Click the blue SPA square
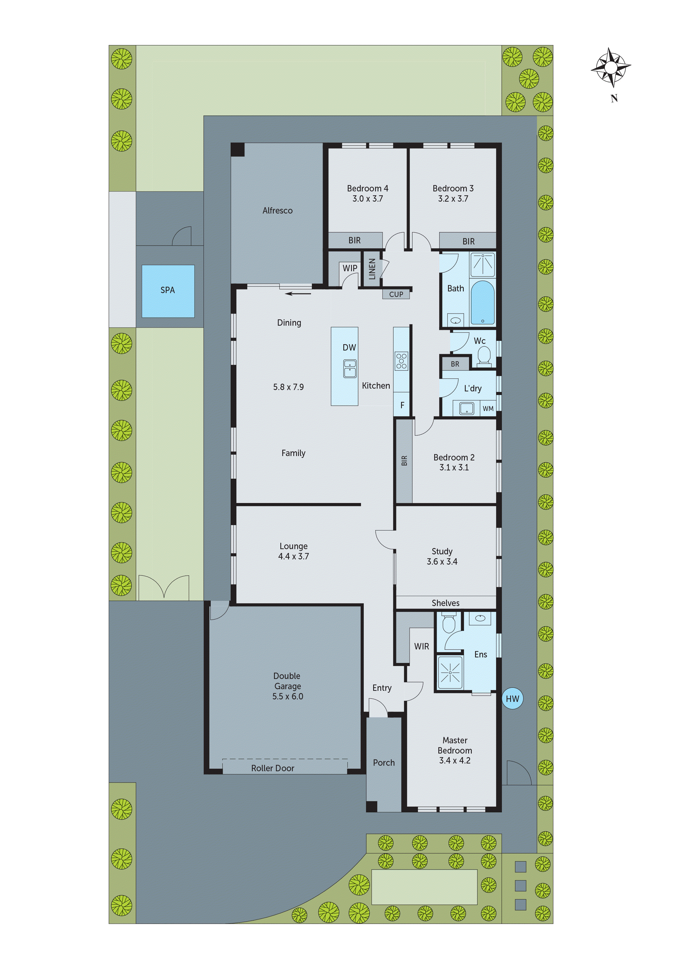pyautogui.click(x=168, y=291)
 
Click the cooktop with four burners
pyautogui.click(x=401, y=361)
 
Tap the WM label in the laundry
pyautogui.click(x=488, y=409)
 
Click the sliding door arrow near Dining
pyautogui.click(x=298, y=294)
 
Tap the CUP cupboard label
pyautogui.click(x=396, y=294)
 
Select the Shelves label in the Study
pyautogui.click(x=445, y=603)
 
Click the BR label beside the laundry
pyautogui.click(x=455, y=364)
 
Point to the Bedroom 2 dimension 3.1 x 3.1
pyautogui.click(x=454, y=467)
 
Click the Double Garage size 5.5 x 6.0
pyautogui.click(x=288, y=696)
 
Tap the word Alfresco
pyautogui.click(x=277, y=210)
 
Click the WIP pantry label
pyautogui.click(x=349, y=268)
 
